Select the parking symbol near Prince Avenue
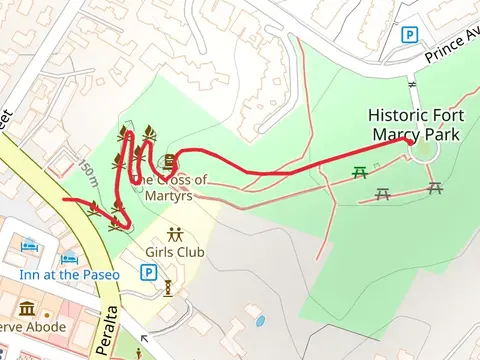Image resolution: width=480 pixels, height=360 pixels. tap(408, 35)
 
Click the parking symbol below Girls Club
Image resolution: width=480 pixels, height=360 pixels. tap(149, 271)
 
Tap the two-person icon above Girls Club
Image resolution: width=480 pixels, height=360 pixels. tap(175, 235)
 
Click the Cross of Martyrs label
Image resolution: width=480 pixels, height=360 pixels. tap(170, 180)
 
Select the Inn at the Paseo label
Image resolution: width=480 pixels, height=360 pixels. tap(69, 274)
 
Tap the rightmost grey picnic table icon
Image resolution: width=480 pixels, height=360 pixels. tap(434, 187)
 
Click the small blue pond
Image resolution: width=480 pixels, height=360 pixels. tap(260, 322)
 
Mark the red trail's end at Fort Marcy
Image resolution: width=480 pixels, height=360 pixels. tap(410, 142)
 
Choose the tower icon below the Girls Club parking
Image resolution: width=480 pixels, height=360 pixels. tap(168, 289)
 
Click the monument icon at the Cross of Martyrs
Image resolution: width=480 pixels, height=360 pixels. tap(170, 161)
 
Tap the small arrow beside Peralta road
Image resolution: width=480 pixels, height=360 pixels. tap(147, 339)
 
